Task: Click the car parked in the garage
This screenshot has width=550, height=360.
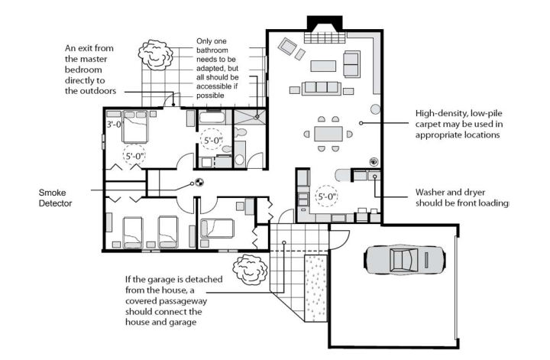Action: tap(405, 259)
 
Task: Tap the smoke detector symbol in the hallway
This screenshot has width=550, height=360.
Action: tap(199, 182)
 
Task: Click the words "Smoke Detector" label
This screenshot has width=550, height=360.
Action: tap(55, 198)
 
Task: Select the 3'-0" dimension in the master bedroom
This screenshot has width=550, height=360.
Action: tap(114, 125)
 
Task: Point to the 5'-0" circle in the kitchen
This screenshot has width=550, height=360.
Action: tap(327, 196)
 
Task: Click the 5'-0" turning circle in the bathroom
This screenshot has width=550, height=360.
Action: tap(213, 141)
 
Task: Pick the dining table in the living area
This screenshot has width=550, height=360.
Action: tap(328, 134)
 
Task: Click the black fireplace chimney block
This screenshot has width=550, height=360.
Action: tap(325, 24)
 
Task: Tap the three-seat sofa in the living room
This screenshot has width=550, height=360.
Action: tap(321, 87)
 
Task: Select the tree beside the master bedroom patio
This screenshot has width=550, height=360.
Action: tap(156, 55)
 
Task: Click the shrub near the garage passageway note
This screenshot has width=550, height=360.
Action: tap(250, 270)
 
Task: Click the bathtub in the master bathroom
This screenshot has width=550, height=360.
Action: tap(212, 117)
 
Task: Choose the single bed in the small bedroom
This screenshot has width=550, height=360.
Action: tap(216, 229)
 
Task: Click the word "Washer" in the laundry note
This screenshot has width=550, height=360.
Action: tap(429, 193)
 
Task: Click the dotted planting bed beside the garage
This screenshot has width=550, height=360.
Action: tap(315, 288)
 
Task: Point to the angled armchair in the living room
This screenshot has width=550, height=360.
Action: tap(287, 47)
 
